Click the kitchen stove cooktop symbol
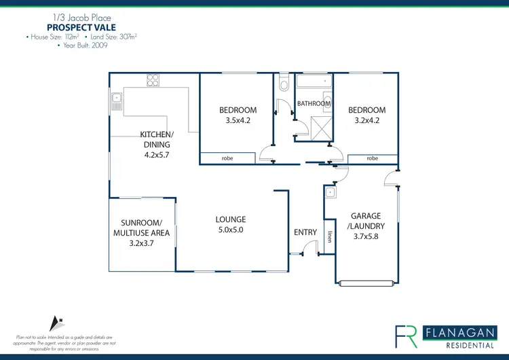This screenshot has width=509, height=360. click(x=153, y=80)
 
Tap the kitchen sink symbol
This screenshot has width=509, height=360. click(x=116, y=103)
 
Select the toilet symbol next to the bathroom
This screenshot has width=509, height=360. click(x=284, y=83)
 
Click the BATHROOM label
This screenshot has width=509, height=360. click(x=314, y=103)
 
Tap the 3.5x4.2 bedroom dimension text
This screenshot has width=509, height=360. click(x=238, y=122)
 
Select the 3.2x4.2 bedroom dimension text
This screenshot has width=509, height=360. click(x=366, y=122)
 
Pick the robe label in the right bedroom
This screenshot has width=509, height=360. click(x=372, y=158)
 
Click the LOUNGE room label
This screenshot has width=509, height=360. click(x=231, y=219)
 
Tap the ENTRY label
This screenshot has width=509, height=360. click(x=305, y=232)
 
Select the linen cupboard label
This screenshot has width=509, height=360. click(x=329, y=236)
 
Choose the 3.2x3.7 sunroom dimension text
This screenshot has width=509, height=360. click(x=141, y=243)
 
